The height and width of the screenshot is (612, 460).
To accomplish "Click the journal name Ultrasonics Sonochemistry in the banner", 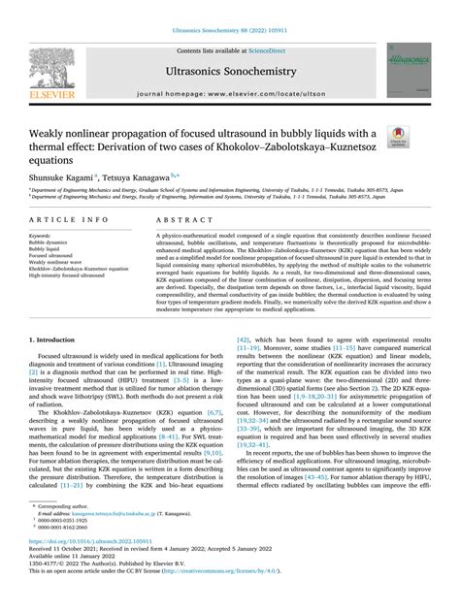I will tap(229, 71).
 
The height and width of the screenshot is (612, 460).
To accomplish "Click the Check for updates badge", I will tap(398, 139).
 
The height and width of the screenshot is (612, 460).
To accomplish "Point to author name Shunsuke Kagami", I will tap(63, 177).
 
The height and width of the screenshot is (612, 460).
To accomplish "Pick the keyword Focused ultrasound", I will tap(52, 255).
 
